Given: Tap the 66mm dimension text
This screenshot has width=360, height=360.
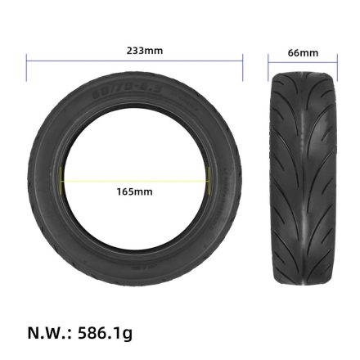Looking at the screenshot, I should pyautogui.click(x=304, y=53).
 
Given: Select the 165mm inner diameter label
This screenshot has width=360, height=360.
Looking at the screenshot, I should pyautogui.click(x=134, y=191).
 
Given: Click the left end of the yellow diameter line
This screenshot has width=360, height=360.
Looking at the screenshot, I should pyautogui.click(x=61, y=180).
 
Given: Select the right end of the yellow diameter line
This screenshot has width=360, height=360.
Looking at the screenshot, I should pyautogui.click(x=209, y=180).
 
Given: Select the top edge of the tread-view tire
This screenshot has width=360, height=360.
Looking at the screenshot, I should pyautogui.click(x=304, y=73).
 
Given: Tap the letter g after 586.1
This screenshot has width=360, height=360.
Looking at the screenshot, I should pyautogui.click(x=127, y=335).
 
